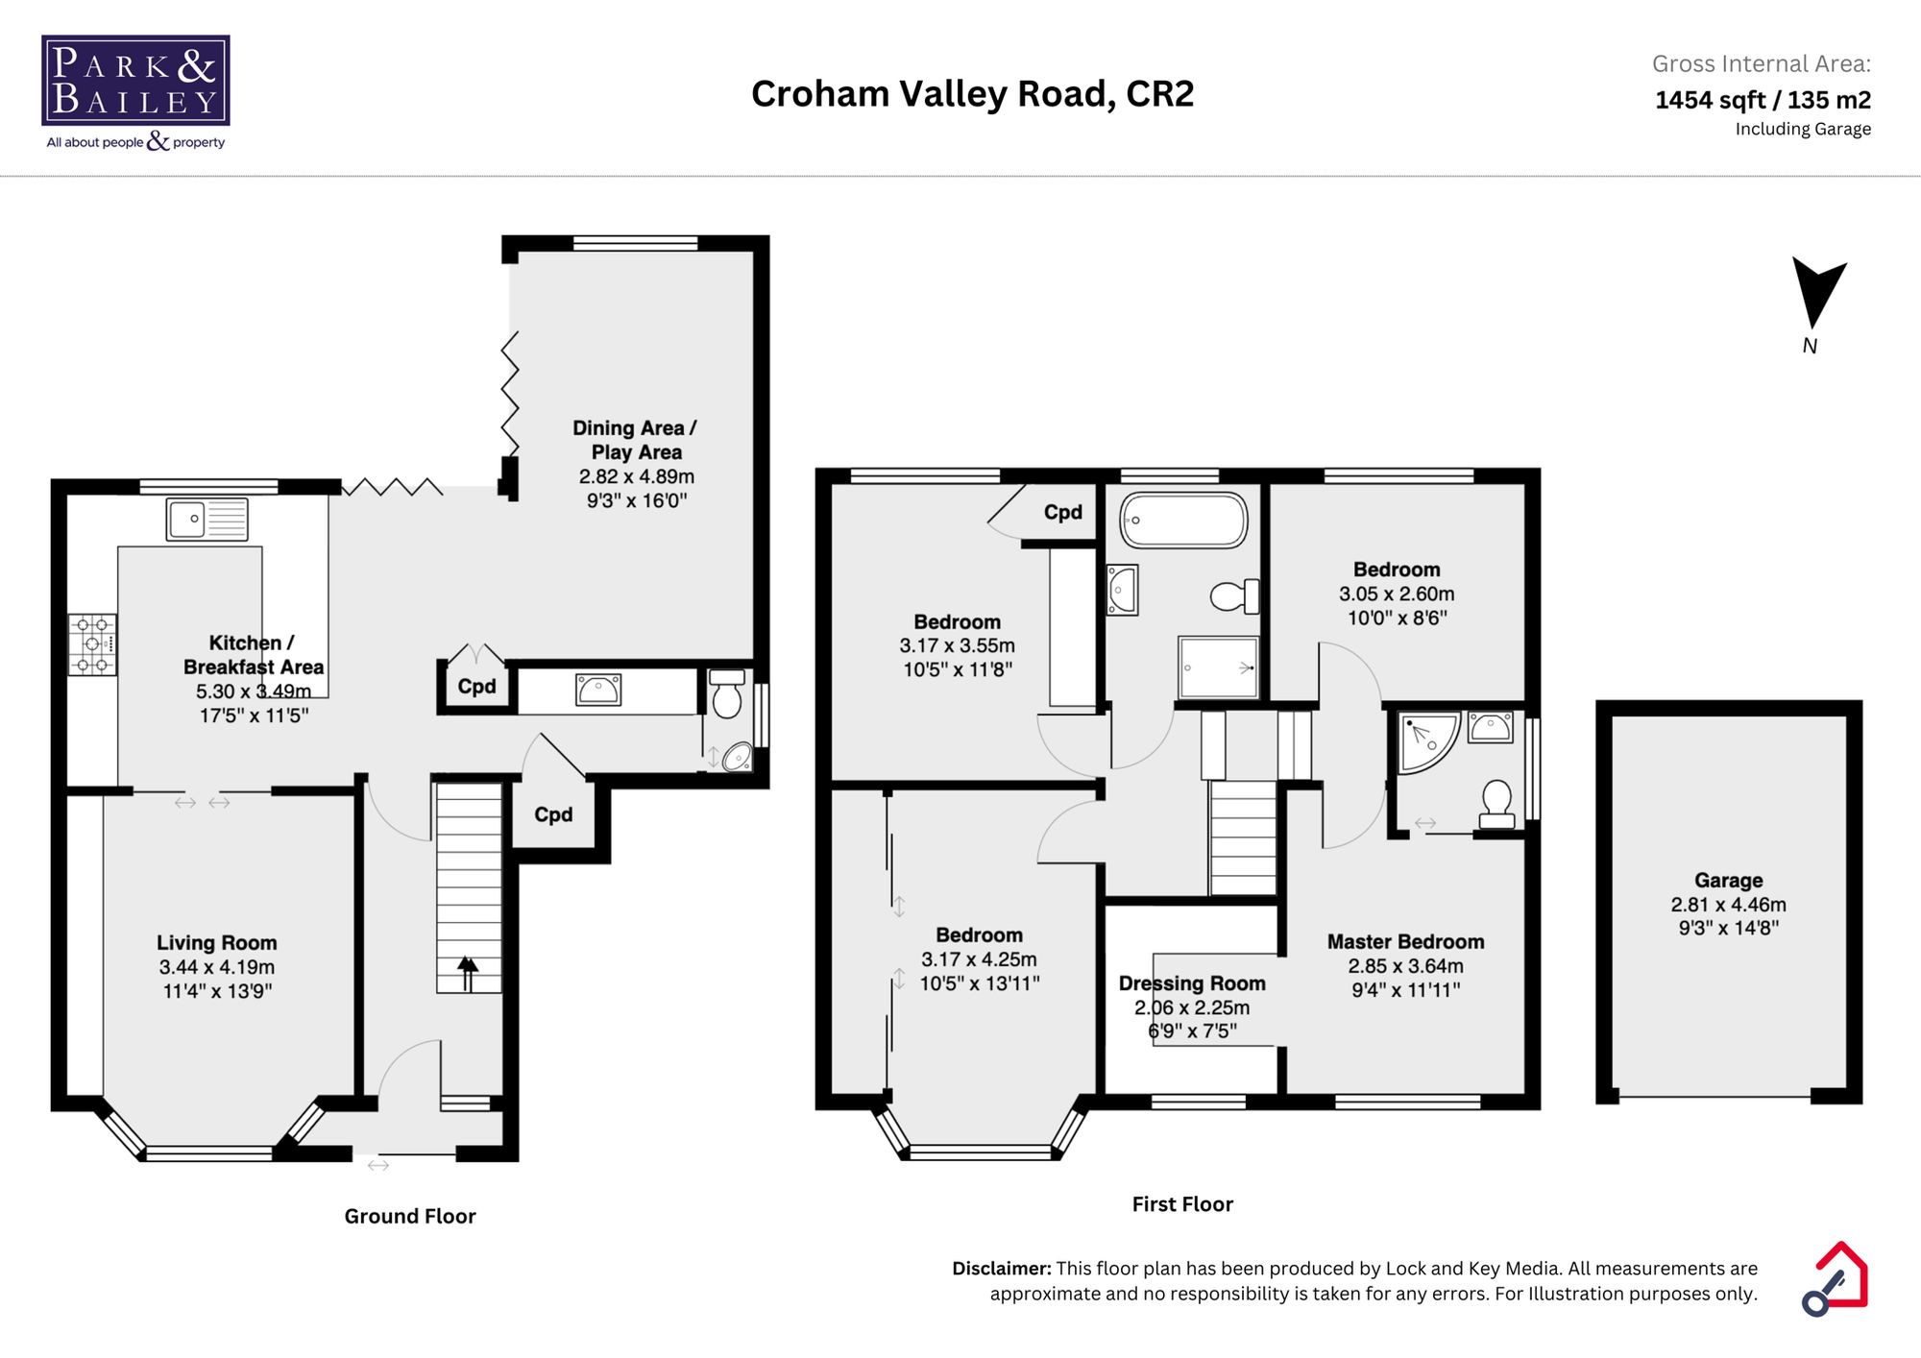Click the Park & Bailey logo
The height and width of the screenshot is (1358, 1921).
point(135,92)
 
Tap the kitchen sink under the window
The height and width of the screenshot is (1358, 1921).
point(207,519)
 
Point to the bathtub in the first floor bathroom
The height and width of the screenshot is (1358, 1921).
point(1183,520)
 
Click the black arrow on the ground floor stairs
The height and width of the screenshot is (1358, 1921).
point(468,972)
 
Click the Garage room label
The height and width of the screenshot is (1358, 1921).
point(1728,880)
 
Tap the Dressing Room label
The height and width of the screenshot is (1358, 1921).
point(1191,983)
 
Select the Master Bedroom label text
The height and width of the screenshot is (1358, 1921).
point(1405,941)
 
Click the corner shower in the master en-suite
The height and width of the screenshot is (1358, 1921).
point(1425,740)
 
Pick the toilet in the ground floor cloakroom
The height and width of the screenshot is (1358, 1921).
point(727,695)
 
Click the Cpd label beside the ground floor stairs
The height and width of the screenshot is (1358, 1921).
point(553,814)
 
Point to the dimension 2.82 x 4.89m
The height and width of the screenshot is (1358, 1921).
point(636,476)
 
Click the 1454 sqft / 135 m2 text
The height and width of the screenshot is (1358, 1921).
point(1762,100)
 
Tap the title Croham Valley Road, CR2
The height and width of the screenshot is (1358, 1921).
point(972,94)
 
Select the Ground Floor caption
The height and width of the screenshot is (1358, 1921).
point(410,1216)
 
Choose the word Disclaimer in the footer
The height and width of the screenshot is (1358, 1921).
point(1001,1268)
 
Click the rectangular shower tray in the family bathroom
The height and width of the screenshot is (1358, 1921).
point(1218,667)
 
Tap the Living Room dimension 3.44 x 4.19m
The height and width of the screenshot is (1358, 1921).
point(217,967)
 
